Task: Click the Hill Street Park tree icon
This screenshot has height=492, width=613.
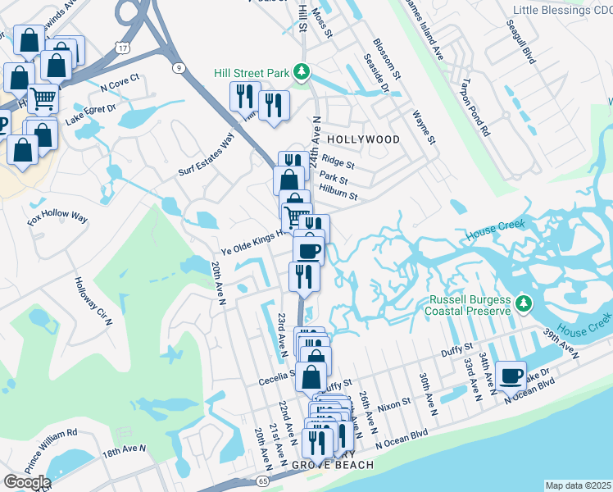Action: [302, 73]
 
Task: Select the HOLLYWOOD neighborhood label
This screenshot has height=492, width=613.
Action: [364, 139]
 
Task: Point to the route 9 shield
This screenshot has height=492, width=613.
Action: [179, 68]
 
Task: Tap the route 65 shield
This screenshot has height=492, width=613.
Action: [262, 481]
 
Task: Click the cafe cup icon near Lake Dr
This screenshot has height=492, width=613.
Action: [511, 376]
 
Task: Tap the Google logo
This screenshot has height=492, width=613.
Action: [27, 481]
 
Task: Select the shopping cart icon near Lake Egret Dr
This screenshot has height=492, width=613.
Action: [43, 98]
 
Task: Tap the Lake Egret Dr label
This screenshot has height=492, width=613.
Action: [91, 112]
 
